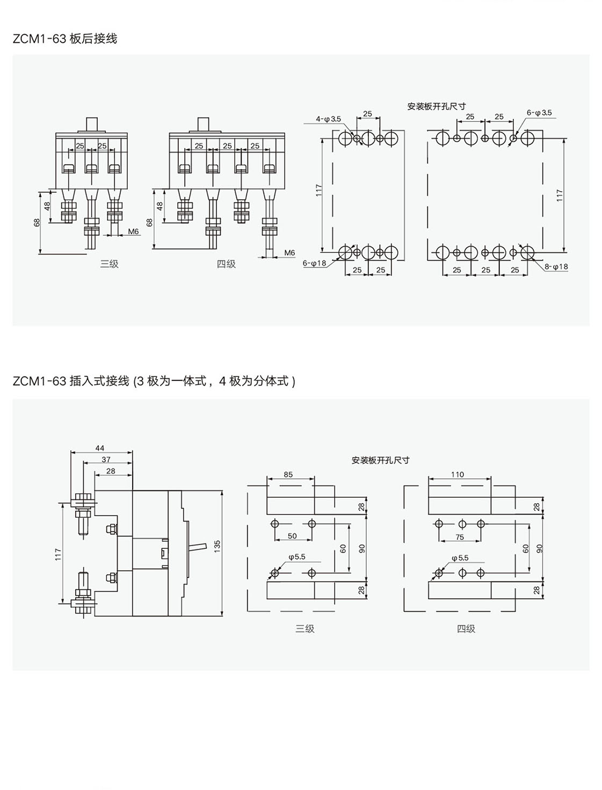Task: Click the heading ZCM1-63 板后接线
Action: [65, 39]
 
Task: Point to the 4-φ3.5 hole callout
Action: [328, 119]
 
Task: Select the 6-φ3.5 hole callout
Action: [539, 113]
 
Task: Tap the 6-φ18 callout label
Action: [315, 263]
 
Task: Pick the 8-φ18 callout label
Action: [556, 266]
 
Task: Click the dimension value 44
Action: [100, 448]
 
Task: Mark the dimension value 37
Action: [106, 459]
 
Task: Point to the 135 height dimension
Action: [217, 546]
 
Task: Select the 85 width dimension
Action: [288, 474]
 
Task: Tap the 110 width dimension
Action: [458, 474]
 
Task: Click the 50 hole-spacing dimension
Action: [292, 536]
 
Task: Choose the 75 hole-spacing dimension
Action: [460, 537]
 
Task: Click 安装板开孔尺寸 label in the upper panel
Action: [436, 106]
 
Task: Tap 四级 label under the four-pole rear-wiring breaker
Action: [226, 264]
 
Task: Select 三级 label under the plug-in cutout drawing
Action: [304, 628]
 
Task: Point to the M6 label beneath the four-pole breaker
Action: [289, 252]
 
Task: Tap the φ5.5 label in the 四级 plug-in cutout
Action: [460, 557]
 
